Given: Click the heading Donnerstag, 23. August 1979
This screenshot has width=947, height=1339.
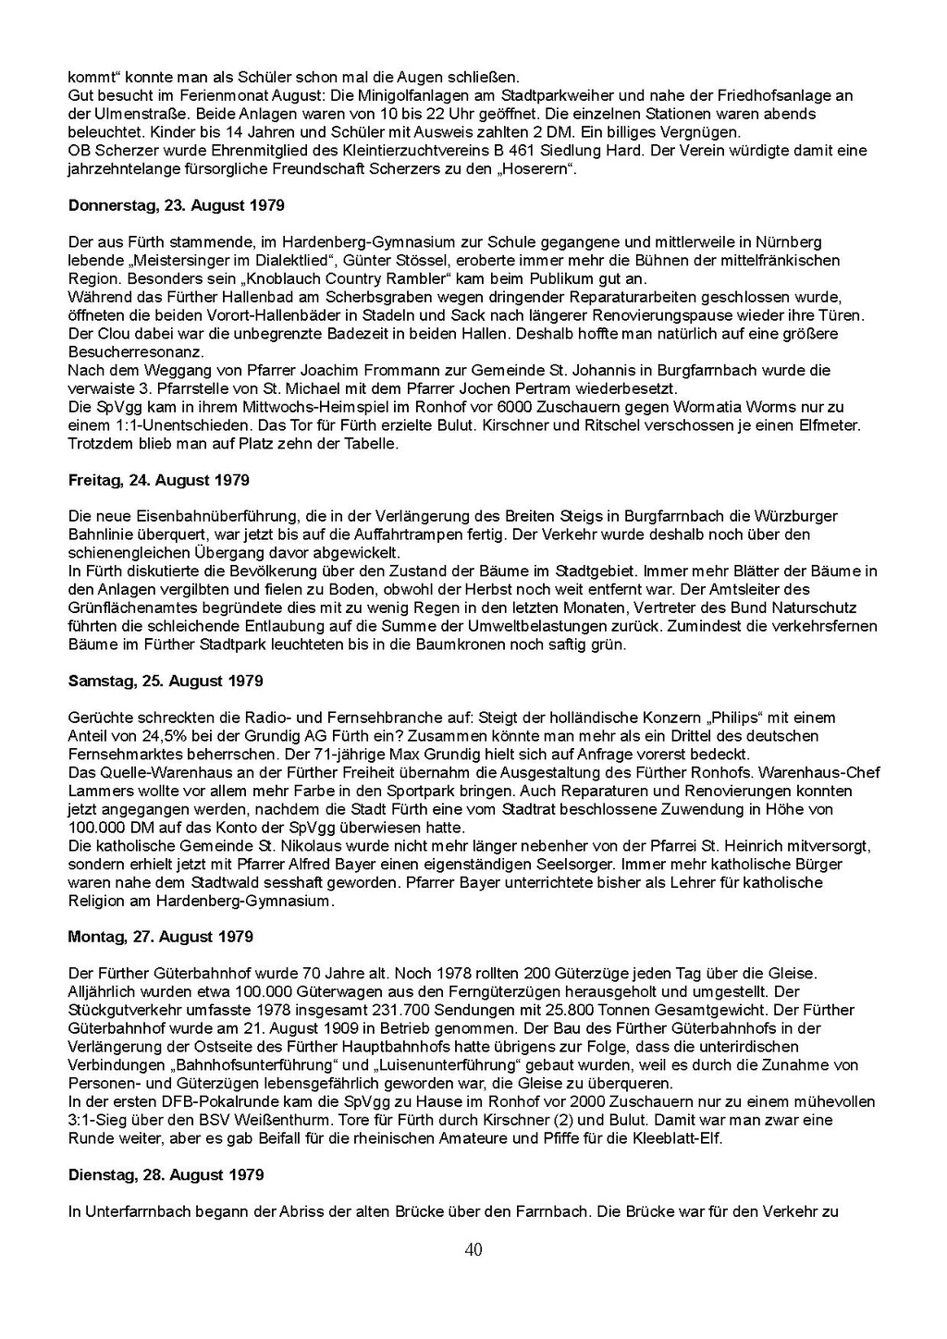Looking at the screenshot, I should tap(176, 205).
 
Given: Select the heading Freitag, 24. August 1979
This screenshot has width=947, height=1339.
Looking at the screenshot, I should tap(158, 480).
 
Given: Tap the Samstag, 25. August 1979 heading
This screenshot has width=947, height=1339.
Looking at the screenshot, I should tap(166, 681).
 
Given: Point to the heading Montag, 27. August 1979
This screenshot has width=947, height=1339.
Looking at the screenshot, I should tap(160, 937).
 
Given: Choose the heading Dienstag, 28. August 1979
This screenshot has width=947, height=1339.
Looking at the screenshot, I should tap(166, 1174).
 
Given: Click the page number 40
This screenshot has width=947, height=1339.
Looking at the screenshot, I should tap(473, 1249).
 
